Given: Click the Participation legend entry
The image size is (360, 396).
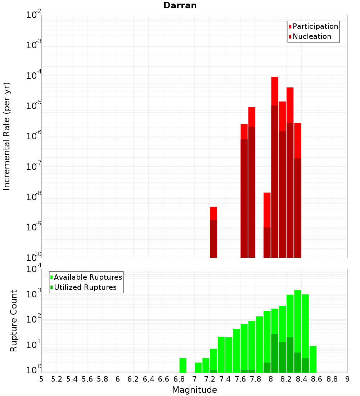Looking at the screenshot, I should pos(315,26).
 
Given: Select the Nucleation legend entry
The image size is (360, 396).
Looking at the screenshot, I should pos(312,36).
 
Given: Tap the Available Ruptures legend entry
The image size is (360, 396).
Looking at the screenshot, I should pos(88,277).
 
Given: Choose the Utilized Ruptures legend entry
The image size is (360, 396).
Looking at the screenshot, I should pos(85,287).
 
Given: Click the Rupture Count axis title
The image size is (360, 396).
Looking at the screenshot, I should pos(14,321).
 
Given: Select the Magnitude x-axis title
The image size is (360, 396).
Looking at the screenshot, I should pos(194,390).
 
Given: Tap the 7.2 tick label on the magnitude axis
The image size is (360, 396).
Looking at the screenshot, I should pos(210,379).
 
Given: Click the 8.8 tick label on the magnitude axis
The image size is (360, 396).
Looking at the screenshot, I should pos(332,379).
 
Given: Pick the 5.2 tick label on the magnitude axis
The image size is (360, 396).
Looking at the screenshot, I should pos(57,379).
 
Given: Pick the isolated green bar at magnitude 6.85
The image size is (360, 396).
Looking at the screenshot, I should pos(183,365).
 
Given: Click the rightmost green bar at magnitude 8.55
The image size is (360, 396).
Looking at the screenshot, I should pos(313,359).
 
